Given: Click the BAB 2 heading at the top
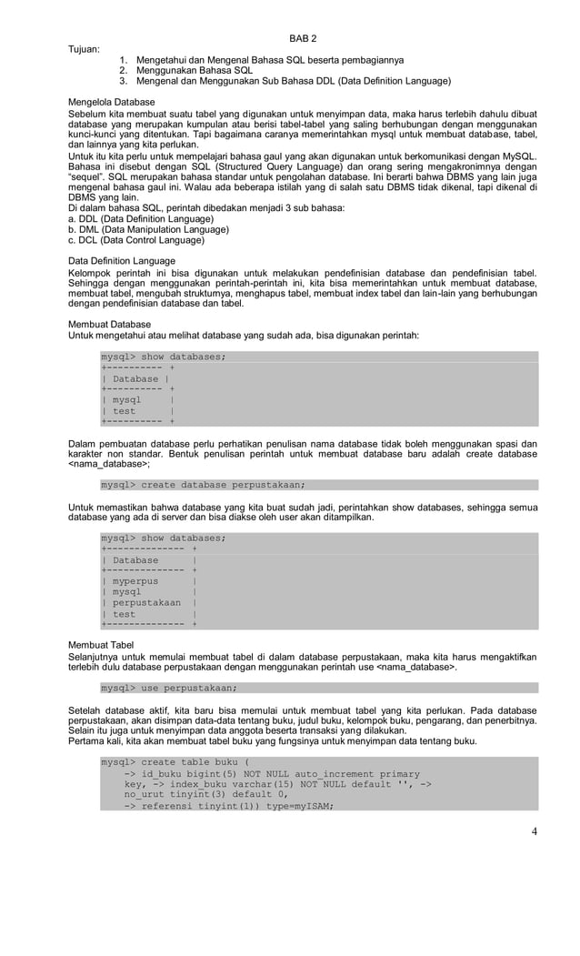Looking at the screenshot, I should (303, 38).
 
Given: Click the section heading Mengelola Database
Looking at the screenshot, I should (112, 101).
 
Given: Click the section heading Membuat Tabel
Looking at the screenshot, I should (101, 643).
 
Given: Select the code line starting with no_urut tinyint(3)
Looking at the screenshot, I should (186, 794).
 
